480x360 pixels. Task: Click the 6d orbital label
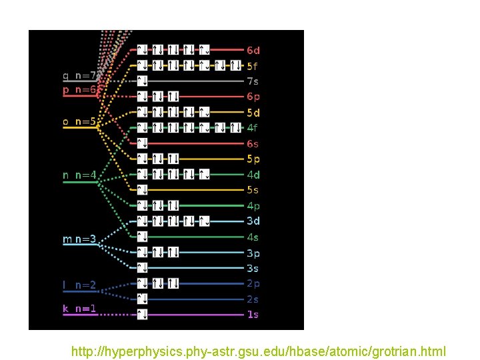click(253, 50)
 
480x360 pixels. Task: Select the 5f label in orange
click(253, 66)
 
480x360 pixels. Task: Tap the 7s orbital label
click(253, 81)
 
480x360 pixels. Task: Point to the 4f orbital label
click(253, 127)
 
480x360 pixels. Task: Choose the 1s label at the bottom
click(253, 314)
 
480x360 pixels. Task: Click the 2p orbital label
click(253, 283)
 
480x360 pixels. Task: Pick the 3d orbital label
click(253, 221)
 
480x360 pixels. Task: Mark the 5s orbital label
click(253, 190)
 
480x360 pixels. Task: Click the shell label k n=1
click(79, 308)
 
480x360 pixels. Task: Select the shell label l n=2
click(79, 285)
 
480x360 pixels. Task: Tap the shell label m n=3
click(79, 239)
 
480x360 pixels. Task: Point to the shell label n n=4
click(79, 175)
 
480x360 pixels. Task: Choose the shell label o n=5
click(79, 121)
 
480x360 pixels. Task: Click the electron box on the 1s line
click(142, 314)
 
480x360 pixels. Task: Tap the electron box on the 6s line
click(142, 143)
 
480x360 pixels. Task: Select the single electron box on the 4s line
click(142, 237)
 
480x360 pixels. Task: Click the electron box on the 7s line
click(142, 81)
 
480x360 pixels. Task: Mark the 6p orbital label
click(253, 97)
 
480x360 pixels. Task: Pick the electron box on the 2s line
click(142, 299)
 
